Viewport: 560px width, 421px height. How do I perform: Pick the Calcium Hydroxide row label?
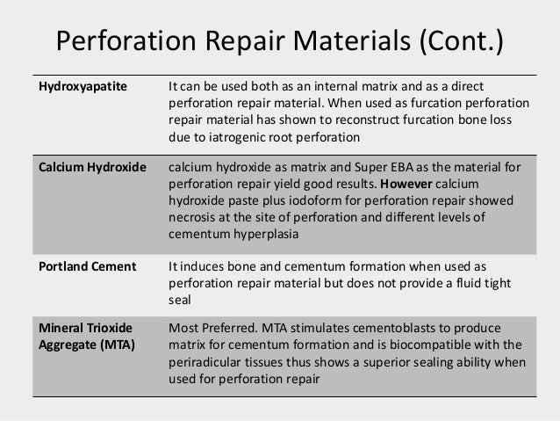(90, 167)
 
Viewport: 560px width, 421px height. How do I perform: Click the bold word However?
(406, 184)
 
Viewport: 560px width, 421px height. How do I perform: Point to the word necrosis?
(190, 217)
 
